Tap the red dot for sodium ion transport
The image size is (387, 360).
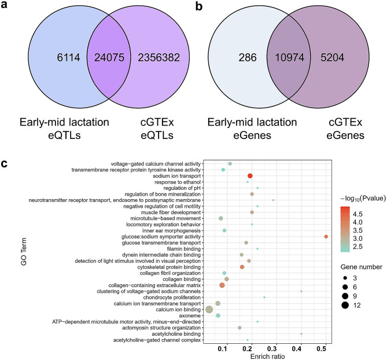coord(250,175)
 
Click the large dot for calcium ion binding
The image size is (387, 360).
coord(209,309)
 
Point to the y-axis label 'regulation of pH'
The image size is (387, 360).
coord(172,188)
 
